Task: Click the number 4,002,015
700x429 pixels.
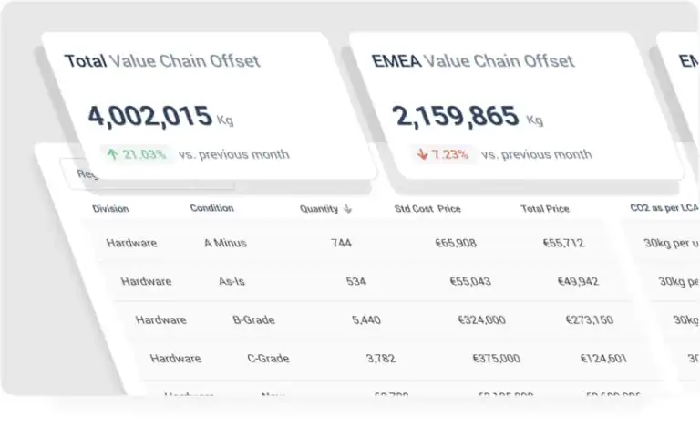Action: click(x=149, y=116)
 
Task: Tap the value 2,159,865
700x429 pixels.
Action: click(x=455, y=116)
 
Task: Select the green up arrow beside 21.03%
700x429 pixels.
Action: click(x=113, y=154)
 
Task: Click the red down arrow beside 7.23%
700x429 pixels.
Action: click(x=422, y=154)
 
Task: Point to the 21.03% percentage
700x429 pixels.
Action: click(x=145, y=154)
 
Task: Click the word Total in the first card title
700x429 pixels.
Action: click(x=84, y=61)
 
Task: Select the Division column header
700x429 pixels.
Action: click(x=110, y=209)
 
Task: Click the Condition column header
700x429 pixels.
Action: click(x=211, y=208)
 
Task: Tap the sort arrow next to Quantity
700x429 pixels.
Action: click(x=347, y=209)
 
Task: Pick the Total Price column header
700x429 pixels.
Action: click(x=544, y=209)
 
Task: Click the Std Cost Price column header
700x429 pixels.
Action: click(x=427, y=209)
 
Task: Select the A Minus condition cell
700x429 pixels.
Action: click(x=225, y=243)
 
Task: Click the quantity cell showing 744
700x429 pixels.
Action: click(x=342, y=243)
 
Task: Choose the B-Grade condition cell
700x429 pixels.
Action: click(x=253, y=320)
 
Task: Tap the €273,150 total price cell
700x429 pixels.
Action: click(x=589, y=320)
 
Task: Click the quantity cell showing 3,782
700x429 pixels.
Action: click(x=380, y=359)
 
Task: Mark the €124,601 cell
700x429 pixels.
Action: click(x=602, y=359)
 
